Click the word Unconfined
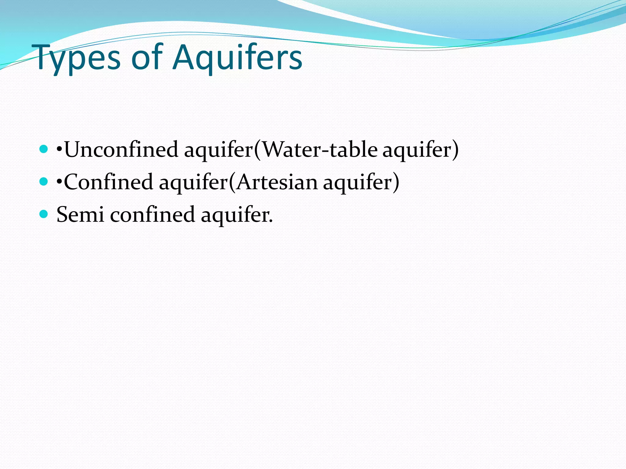point(121,150)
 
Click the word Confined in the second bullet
point(108,182)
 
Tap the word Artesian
point(277,182)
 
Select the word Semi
point(80,215)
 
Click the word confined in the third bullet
point(152,215)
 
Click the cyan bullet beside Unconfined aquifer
point(44,149)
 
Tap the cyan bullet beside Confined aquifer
point(44,182)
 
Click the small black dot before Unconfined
point(59,150)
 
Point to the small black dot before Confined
point(59,182)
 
